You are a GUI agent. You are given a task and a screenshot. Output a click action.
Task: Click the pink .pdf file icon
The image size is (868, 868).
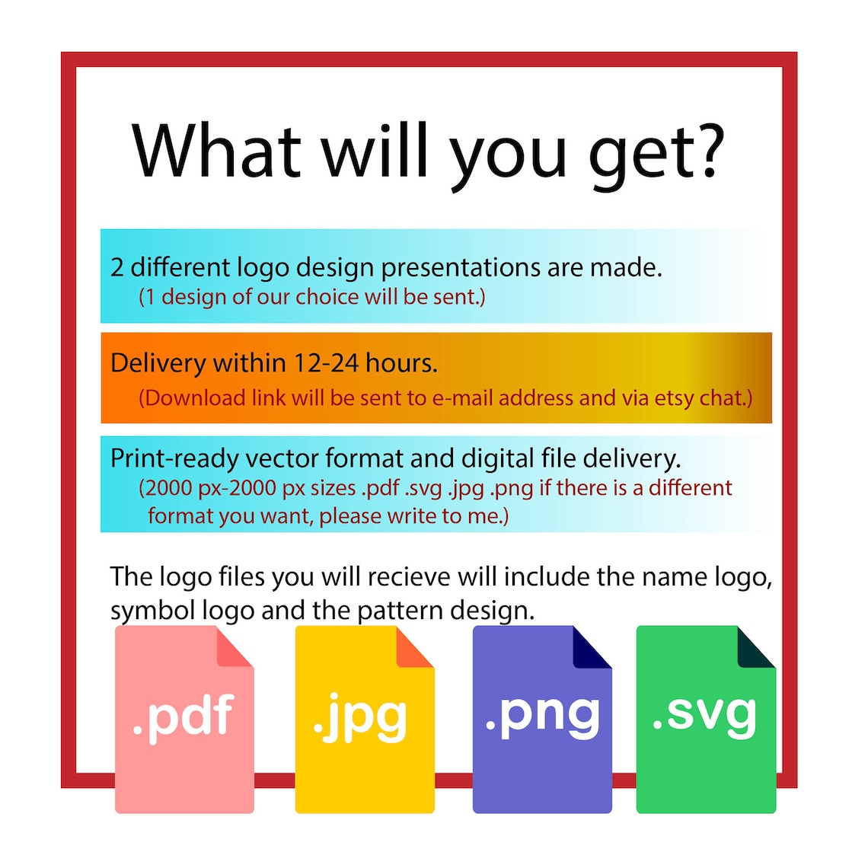184,719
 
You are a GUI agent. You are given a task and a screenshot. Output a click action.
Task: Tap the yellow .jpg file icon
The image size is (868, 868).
365,719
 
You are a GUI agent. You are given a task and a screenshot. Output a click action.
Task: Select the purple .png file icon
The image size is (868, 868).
542,719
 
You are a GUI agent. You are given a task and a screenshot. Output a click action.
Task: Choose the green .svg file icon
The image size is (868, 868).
706,719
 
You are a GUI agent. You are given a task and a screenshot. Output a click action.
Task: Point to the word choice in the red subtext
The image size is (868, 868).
327,297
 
